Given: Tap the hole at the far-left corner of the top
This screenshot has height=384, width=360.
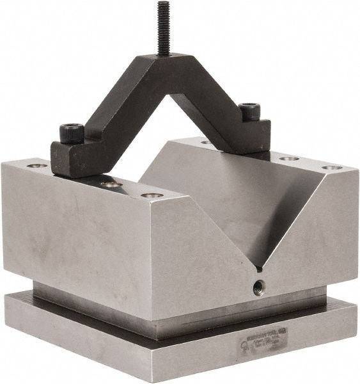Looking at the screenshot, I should coord(36,166).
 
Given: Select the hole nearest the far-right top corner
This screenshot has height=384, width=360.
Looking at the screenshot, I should coord(331,168).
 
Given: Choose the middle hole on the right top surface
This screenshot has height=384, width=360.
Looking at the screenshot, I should coord(288,158).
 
